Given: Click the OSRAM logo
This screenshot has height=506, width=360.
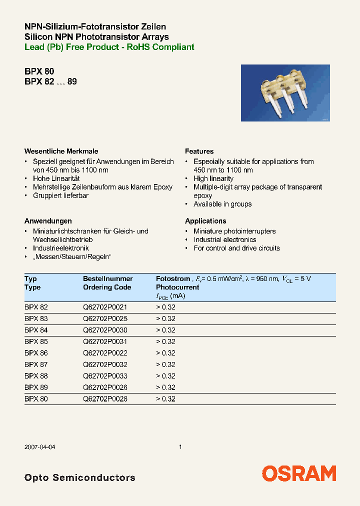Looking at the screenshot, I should pyautogui.click(x=299, y=473).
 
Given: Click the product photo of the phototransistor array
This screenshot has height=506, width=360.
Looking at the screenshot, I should pyautogui.click(x=285, y=93).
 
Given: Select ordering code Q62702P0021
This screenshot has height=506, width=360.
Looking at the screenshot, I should pyautogui.click(x=105, y=307).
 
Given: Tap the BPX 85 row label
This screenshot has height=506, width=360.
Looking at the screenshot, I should pyautogui.click(x=36, y=342).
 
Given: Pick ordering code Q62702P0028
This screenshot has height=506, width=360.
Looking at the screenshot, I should pyautogui.click(x=105, y=399).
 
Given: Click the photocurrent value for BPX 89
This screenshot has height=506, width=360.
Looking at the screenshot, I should pyautogui.click(x=165, y=387).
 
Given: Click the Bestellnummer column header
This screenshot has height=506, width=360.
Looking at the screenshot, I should pyautogui.click(x=107, y=278).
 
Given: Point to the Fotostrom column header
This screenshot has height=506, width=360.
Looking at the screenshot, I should pyautogui.click(x=173, y=278).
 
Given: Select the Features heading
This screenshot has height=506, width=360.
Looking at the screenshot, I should pyautogui.click(x=199, y=151).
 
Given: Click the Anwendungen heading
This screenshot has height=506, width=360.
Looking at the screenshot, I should pyautogui.click(x=48, y=220).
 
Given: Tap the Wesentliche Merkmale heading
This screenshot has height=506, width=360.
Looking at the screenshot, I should pyautogui.click(x=61, y=151).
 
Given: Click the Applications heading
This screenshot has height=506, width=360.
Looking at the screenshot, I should pyautogui.click(x=205, y=220).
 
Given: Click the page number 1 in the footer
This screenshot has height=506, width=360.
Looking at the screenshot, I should pyautogui.click(x=180, y=447).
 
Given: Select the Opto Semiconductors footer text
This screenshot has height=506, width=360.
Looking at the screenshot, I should pyautogui.click(x=79, y=477).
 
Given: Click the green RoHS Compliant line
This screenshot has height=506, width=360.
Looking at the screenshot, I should pyautogui.click(x=109, y=47).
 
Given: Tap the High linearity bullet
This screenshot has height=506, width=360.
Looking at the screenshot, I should pyautogui.click(x=213, y=178).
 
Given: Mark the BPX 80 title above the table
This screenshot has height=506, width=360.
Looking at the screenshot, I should pyautogui.click(x=35, y=71).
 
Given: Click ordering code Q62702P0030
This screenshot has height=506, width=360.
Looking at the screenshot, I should pyautogui.click(x=105, y=330).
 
